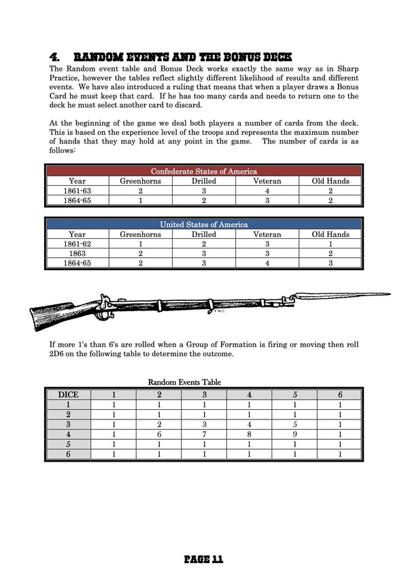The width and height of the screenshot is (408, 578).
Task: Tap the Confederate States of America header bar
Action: [x=203, y=172]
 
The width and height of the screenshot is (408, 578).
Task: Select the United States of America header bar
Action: [x=203, y=224]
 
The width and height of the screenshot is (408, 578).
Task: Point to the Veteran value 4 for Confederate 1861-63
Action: [x=267, y=191]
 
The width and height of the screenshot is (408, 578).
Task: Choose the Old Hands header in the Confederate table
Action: [x=330, y=181]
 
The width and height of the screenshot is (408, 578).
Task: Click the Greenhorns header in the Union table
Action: [x=140, y=234]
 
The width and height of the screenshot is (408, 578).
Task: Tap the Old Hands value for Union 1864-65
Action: [x=330, y=263]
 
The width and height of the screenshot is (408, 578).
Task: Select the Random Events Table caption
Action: [x=184, y=383]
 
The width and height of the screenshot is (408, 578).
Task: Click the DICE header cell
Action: [x=69, y=394]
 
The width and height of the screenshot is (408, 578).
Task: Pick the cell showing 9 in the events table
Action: [x=294, y=433]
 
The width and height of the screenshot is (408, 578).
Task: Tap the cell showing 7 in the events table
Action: [x=204, y=433]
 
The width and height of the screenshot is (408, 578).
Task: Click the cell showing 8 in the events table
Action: [x=249, y=433]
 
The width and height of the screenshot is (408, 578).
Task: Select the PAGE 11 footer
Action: [x=203, y=560]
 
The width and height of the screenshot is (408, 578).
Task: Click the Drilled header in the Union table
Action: [x=203, y=234]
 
